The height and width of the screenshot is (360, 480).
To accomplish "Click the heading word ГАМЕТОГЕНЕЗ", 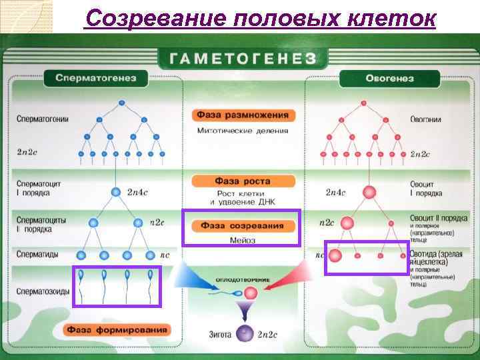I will pos(241,59).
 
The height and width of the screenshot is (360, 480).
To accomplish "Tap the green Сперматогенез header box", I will pos(95,78).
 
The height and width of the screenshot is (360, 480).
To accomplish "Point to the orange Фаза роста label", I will pos(242,181).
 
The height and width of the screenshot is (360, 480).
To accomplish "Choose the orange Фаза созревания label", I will pos(242,225).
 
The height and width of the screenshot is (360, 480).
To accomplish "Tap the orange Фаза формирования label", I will pos(118,329).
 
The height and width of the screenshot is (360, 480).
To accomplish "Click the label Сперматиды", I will pos(37,254).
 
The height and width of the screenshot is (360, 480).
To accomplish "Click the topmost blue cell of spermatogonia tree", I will pos(121,103).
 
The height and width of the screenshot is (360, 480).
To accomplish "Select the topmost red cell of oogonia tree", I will pos(363,103).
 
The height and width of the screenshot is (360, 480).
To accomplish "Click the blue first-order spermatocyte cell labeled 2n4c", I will pos(116,192).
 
